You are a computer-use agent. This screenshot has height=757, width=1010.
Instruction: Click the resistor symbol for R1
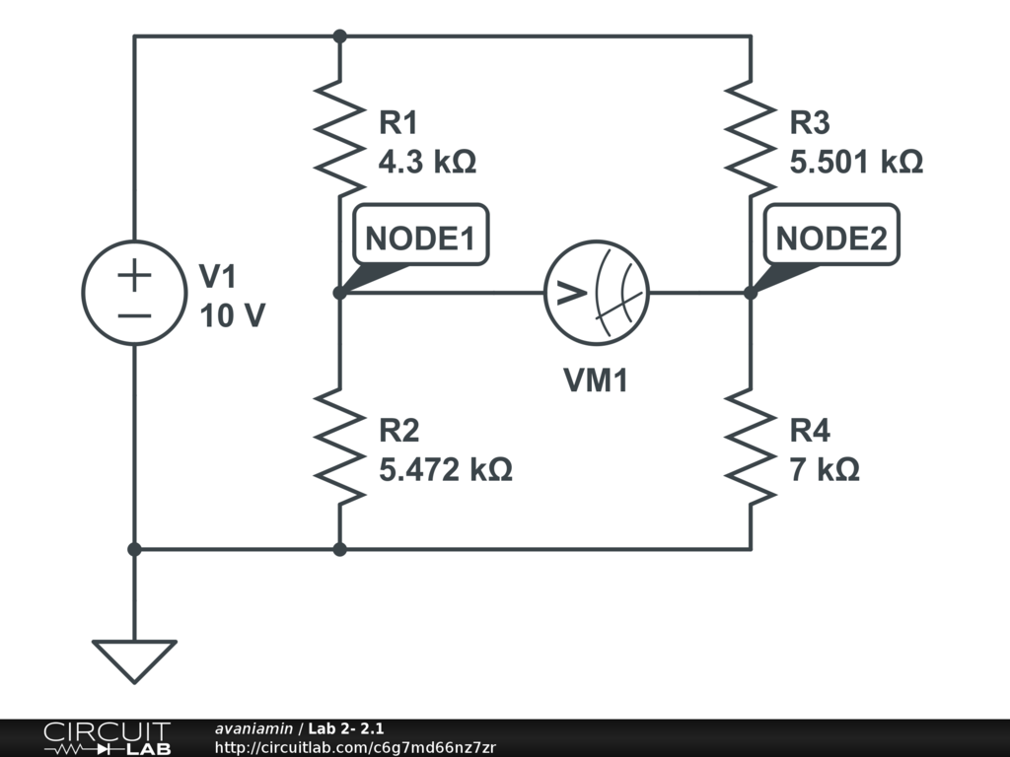(338, 139)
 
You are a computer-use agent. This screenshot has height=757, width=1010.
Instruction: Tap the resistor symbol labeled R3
(750, 139)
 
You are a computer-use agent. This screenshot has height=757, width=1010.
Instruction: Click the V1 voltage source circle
(134, 293)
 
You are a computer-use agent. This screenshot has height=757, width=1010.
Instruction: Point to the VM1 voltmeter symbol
(597, 293)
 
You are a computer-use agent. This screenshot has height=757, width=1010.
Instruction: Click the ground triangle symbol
(134, 659)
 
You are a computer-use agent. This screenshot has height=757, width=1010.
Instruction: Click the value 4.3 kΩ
(427, 162)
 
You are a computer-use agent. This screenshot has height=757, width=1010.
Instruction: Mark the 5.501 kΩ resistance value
(856, 162)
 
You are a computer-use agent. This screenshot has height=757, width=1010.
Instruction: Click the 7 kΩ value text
(825, 469)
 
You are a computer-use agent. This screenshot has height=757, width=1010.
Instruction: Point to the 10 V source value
(232, 315)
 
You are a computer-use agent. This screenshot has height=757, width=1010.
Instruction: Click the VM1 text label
(596, 380)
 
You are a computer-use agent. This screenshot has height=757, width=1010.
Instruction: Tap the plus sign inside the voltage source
(134, 275)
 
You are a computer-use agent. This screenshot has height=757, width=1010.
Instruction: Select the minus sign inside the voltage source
(134, 315)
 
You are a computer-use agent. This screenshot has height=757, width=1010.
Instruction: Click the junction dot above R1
(339, 36)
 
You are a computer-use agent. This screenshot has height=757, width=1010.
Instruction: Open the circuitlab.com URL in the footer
(355, 747)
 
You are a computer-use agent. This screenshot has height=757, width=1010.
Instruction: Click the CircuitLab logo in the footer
(107, 738)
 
